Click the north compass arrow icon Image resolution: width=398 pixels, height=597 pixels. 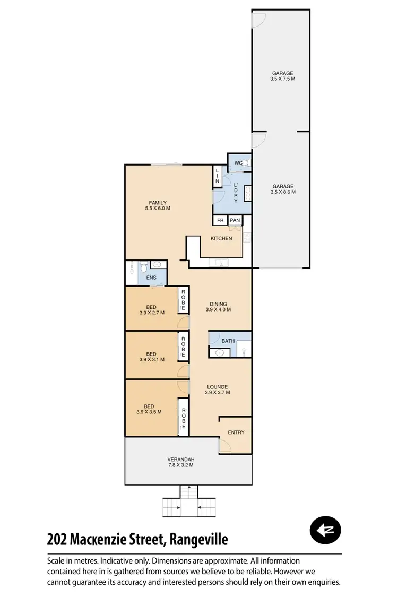[x=325, y=529]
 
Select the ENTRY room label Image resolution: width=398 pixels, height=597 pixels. [x=236, y=432]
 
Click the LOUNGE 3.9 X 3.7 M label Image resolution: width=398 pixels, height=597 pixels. [x=218, y=390]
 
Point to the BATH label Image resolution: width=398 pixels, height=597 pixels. [x=228, y=341]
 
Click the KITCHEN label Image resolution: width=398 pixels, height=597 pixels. [x=221, y=239]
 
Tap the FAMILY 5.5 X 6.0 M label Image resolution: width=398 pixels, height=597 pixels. [x=158, y=205]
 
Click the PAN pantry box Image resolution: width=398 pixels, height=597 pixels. [x=235, y=220]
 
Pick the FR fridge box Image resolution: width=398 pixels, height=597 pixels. [x=220, y=220]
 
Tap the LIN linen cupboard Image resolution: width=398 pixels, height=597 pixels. [x=217, y=176]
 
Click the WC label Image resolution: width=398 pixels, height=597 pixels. [x=238, y=163]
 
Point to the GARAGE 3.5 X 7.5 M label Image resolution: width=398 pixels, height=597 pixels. [x=283, y=76]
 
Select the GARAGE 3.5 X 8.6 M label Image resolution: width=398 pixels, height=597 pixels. [x=283, y=189]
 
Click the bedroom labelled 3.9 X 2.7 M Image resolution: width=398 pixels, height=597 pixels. [x=151, y=309]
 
